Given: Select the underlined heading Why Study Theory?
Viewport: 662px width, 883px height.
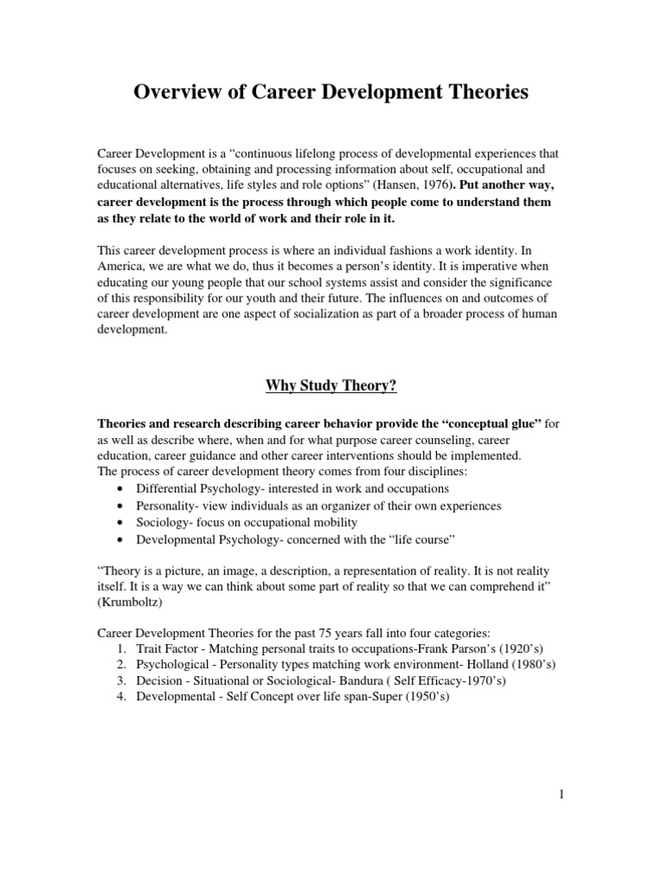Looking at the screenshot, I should [x=330, y=385].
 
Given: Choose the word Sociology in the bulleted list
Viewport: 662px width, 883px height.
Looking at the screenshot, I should [x=162, y=523].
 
